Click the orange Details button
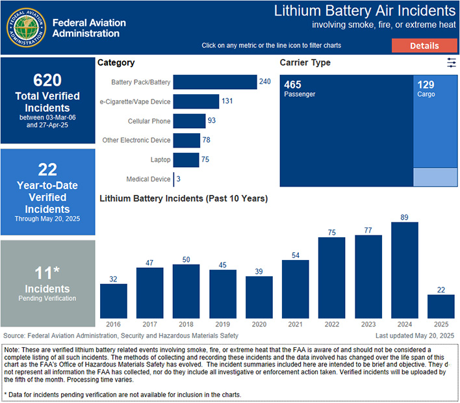(424, 45)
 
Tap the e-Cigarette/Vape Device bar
(196, 101)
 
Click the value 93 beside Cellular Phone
(212, 121)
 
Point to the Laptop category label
(160, 160)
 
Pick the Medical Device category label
(149, 179)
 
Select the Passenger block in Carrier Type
(346, 131)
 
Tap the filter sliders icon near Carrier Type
(452, 62)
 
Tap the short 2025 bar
(441, 306)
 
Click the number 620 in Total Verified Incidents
(47, 80)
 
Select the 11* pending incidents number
(47, 272)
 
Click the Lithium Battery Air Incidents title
(364, 11)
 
